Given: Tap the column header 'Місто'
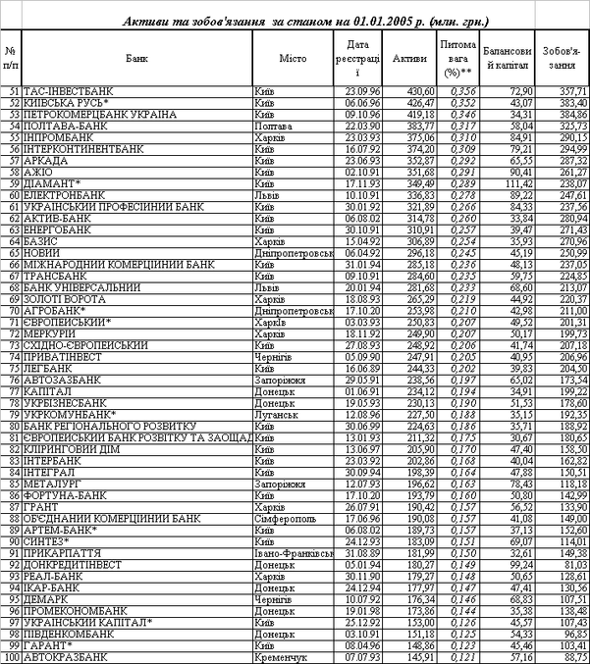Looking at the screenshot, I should coord(293,59).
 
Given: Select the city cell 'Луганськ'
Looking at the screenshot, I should coord(271,416).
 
